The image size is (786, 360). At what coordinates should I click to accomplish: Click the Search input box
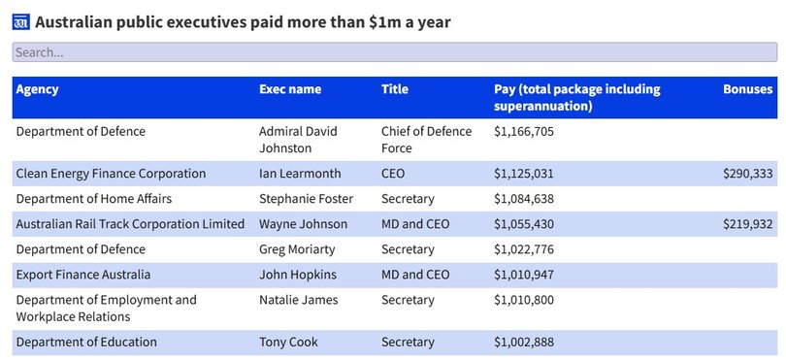388,52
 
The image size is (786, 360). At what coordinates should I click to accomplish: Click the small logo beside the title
21,22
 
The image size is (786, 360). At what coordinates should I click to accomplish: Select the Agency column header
37,89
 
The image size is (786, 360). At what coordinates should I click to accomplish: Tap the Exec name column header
290,89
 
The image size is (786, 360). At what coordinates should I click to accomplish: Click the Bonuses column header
747,89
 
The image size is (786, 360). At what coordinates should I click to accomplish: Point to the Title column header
395,89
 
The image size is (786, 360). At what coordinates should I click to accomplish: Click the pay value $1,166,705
524,132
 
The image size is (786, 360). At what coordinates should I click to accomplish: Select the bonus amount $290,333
747,174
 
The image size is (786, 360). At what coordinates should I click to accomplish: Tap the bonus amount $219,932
747,224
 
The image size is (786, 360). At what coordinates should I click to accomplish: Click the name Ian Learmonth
300,174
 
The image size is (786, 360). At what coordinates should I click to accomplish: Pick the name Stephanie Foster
306,199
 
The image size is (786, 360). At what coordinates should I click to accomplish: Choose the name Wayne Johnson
302,224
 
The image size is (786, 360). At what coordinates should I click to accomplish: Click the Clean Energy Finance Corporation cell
111,174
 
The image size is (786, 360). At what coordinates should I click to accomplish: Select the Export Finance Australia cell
83,275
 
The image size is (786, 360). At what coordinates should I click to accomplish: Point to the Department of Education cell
86,343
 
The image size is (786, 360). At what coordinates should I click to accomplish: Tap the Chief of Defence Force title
426,140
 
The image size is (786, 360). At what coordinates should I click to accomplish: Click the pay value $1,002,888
524,343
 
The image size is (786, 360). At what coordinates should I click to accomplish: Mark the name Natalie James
298,300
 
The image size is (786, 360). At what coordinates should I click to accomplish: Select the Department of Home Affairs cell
93,199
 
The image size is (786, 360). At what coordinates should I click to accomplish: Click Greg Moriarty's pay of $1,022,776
524,249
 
